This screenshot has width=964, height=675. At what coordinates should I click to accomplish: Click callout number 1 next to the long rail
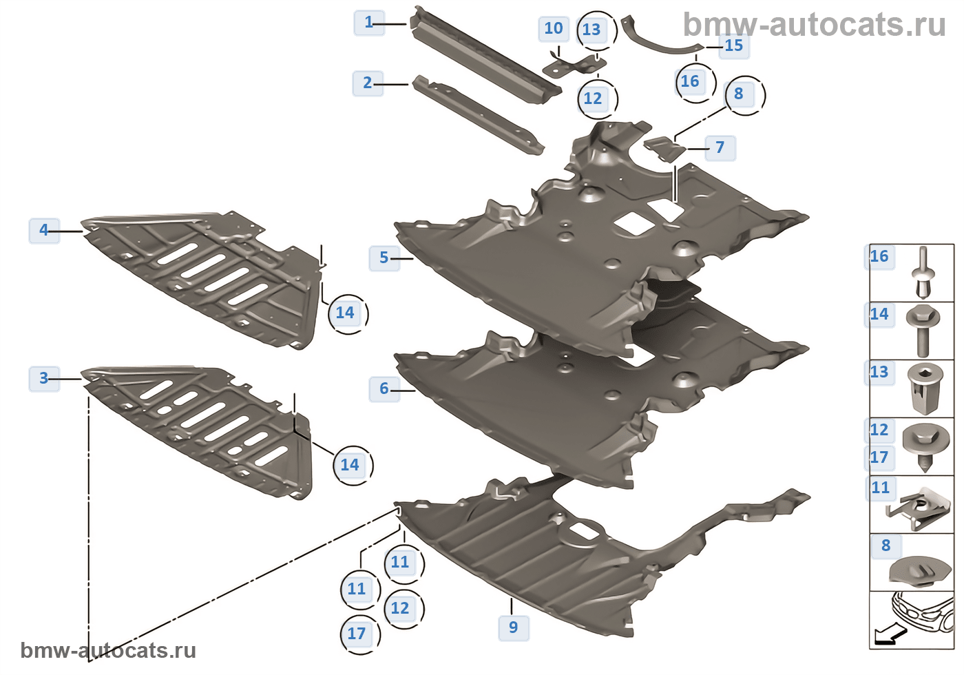(x=368, y=22)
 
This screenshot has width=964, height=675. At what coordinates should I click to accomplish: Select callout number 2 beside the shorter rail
(x=367, y=82)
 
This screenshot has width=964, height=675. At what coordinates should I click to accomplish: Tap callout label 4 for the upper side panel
(x=43, y=230)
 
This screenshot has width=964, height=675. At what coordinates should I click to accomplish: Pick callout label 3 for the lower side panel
(x=43, y=378)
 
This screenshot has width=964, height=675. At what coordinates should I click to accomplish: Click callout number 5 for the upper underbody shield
(x=384, y=258)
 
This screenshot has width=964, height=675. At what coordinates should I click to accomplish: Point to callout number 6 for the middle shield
(x=384, y=388)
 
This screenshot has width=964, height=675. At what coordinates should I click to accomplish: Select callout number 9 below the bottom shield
(x=513, y=627)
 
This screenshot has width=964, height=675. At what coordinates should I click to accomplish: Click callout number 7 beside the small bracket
(x=720, y=147)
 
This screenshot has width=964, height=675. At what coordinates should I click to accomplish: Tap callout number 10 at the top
(x=554, y=29)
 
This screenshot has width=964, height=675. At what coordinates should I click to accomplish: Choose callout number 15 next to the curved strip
(x=734, y=45)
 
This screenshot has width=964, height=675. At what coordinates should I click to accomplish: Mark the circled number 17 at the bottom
(x=357, y=634)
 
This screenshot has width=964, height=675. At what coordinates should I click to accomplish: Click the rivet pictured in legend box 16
(x=922, y=273)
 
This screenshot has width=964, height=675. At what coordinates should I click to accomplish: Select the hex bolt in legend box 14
(x=923, y=330)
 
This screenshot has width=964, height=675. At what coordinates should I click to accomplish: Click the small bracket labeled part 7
(x=664, y=149)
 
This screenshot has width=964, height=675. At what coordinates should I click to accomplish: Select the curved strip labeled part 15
(x=658, y=45)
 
